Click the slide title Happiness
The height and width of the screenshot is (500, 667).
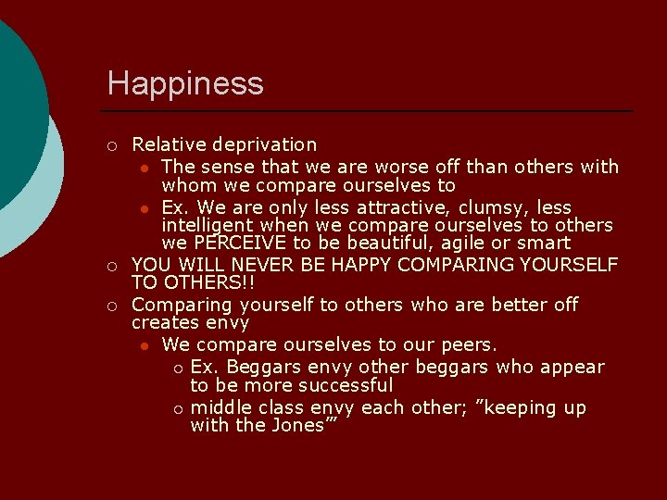pos(185,83)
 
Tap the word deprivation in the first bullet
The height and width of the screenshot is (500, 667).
pos(264,144)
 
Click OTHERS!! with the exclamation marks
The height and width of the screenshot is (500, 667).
pos(190,282)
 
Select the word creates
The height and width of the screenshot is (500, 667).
pos(164,322)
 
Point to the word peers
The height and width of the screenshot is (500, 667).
pos(467,344)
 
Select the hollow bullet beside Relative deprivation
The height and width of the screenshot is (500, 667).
pos(111,145)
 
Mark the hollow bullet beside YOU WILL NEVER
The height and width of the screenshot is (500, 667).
pos(111,267)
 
